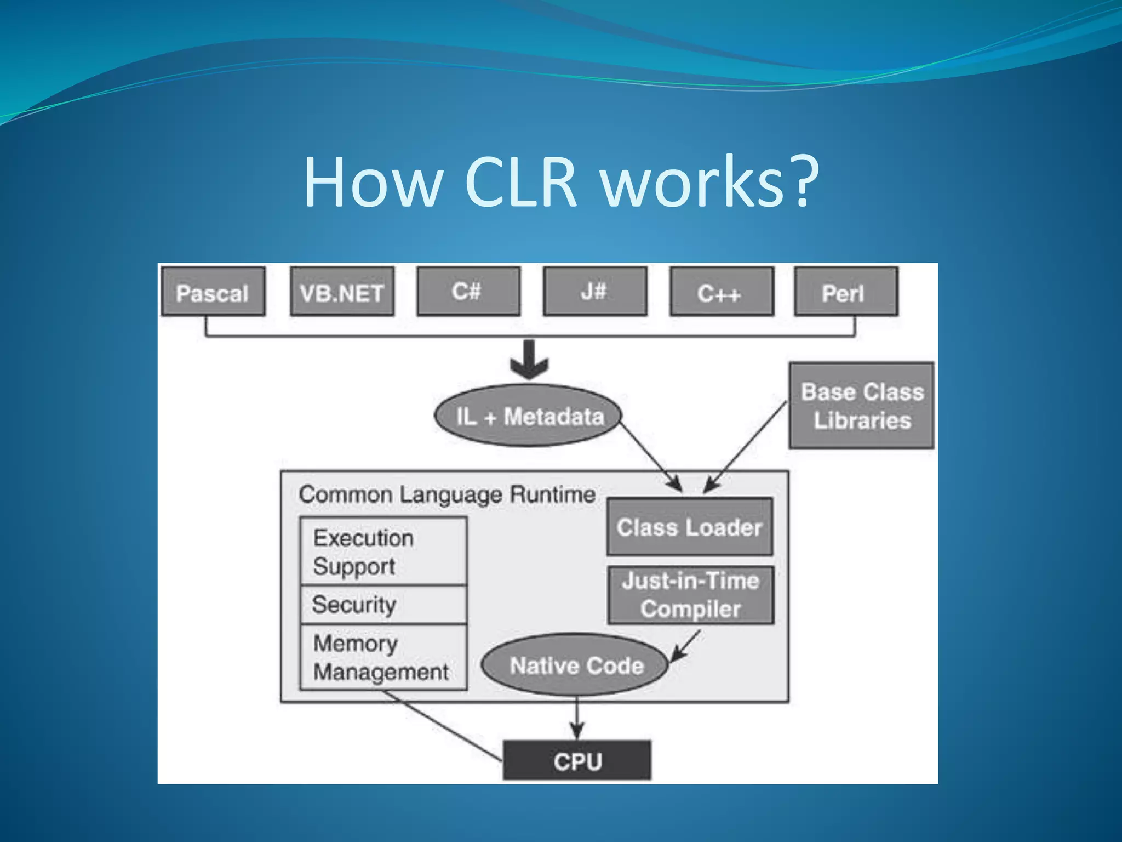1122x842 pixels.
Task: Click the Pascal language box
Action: click(213, 292)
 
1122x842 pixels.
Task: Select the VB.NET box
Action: click(342, 292)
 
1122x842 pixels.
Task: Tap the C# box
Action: click(468, 292)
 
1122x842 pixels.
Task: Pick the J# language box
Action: click(595, 292)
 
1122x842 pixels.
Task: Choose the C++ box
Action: click(722, 292)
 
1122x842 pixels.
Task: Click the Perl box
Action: click(846, 292)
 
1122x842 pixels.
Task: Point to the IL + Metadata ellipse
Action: click(529, 416)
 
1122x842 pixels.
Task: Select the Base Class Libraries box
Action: click(861, 406)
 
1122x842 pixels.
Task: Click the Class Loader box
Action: click(690, 527)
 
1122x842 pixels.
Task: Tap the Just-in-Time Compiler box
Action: click(690, 595)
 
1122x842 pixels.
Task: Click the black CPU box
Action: click(577, 760)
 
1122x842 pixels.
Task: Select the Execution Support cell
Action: click(383, 551)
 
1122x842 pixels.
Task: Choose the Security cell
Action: click(383, 605)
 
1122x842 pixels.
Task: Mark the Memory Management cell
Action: click(383, 657)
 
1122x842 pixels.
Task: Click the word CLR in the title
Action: click(520, 183)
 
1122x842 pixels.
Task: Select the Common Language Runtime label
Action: click(447, 494)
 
